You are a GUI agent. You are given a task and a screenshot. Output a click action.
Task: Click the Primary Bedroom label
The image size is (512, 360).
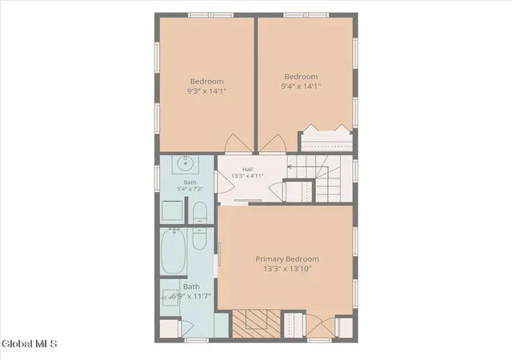(x=287, y=259)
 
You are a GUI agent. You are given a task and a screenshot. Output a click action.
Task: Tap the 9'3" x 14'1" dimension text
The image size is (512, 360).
(x=206, y=91)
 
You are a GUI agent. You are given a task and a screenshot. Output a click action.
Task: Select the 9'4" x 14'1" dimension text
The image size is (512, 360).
(x=301, y=86)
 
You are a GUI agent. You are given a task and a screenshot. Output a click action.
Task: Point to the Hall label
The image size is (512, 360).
(x=247, y=170)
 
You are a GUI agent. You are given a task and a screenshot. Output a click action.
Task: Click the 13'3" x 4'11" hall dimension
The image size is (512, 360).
(x=247, y=176)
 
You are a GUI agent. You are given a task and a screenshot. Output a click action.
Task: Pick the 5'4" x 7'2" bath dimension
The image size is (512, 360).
(x=190, y=189)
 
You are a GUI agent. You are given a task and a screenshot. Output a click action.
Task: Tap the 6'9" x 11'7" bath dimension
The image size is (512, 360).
(x=191, y=296)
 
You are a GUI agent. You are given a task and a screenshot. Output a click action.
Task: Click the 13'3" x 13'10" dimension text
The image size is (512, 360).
(x=287, y=269)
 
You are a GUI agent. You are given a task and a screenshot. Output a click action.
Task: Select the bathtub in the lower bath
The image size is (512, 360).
(x=174, y=251)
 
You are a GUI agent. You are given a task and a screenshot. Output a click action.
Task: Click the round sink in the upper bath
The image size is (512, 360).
(x=186, y=163)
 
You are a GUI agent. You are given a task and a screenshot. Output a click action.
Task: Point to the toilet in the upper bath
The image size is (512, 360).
(x=200, y=213)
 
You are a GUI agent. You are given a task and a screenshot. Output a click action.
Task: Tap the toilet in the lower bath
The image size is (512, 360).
(x=200, y=238)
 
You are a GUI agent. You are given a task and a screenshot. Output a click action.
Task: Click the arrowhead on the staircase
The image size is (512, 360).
(x=289, y=166)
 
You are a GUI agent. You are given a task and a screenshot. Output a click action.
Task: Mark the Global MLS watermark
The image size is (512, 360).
(x=30, y=344)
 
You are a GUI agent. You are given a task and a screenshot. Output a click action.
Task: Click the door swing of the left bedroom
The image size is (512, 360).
(x=239, y=143)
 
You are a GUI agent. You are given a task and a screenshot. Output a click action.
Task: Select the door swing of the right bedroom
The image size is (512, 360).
(x=273, y=143)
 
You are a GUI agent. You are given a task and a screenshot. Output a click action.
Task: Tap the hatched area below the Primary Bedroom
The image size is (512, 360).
(x=256, y=324)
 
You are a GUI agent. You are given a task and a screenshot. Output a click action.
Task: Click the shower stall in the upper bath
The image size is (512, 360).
(x=172, y=210)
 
